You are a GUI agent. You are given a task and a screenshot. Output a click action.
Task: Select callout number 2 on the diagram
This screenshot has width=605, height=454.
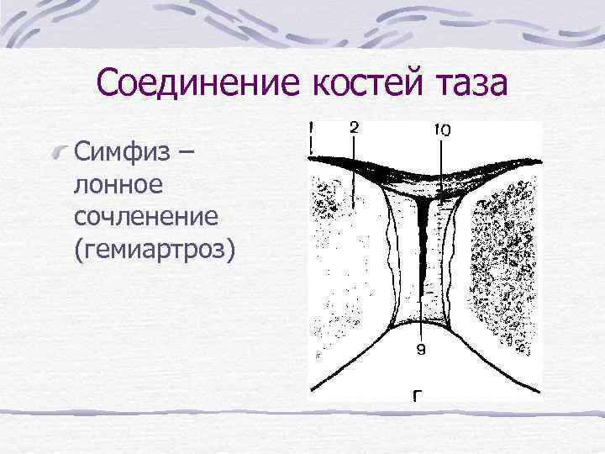tap(355, 128)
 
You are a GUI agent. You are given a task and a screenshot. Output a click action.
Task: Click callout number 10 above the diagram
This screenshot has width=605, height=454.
tap(441, 130)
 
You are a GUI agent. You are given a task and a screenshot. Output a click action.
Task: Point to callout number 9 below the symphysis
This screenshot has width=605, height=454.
tap(421, 352)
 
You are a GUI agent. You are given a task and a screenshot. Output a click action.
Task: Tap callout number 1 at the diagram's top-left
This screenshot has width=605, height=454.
tap(312, 128)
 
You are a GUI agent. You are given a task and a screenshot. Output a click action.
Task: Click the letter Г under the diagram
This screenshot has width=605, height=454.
tap(418, 396)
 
